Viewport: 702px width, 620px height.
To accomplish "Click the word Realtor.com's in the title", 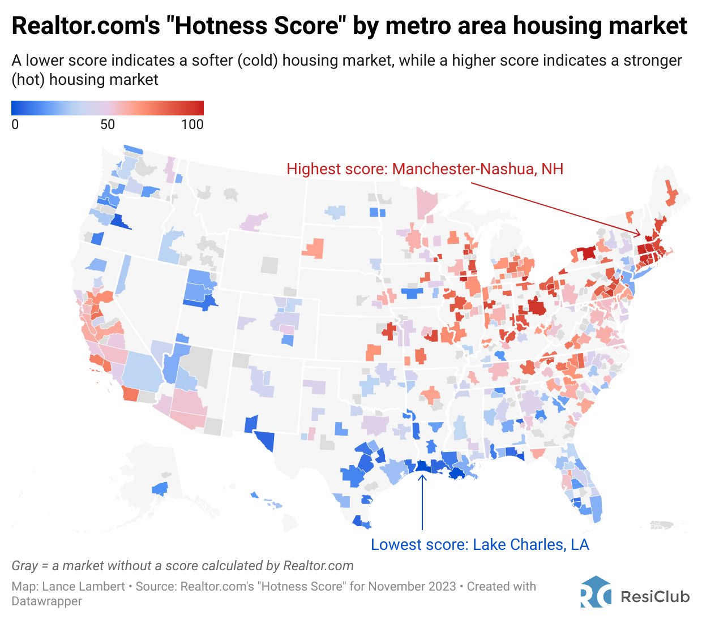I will pos(85,26).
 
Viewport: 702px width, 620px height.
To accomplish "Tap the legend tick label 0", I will pos(15,125).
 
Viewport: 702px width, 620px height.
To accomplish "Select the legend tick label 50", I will pos(108,125).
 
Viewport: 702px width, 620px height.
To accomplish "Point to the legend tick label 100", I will pos(192,125).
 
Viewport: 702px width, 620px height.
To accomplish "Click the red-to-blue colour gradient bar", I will pos(108,108).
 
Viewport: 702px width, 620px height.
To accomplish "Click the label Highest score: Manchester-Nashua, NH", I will pos(425,169).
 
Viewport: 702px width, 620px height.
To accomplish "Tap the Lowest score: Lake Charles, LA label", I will pos(480,545).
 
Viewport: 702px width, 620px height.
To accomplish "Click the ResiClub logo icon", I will pos(596,592).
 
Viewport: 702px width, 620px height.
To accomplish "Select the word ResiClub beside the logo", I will pos(655,597).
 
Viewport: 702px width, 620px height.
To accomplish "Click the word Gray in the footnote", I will pos(24,566).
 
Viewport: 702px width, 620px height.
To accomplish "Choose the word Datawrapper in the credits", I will pos(46,601).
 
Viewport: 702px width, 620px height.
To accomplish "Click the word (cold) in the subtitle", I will pos(258,61).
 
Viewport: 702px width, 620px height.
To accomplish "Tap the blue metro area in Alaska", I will pos(160,488).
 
